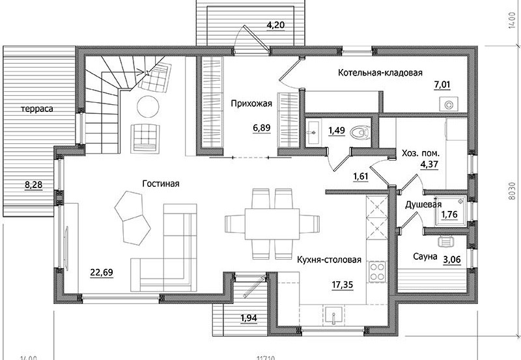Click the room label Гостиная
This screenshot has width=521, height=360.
tap(161, 184)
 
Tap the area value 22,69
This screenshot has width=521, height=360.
tap(102, 273)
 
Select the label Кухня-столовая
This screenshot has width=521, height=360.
tap(329, 259)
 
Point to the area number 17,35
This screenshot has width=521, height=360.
tap(343, 284)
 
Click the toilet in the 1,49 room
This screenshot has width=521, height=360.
tap(360, 132)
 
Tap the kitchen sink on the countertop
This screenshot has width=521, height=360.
tap(333, 314)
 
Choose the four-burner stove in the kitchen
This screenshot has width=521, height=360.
tap(377, 271)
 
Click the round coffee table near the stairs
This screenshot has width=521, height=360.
tap(148, 106)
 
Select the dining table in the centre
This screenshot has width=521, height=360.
tap(272, 223)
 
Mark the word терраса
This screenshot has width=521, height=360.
tap(37, 109)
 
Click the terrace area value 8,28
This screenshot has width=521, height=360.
tap(34, 185)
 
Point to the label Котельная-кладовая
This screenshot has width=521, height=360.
tap(380, 73)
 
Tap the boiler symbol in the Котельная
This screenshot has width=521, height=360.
tap(449, 104)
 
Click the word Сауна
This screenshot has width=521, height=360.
tap(425, 256)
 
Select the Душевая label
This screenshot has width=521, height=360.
tap(423, 204)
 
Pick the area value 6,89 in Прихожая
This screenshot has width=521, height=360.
tap(262, 128)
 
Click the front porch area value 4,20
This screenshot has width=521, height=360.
tap(275, 25)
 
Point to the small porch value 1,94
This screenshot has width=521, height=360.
tap(249, 318)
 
